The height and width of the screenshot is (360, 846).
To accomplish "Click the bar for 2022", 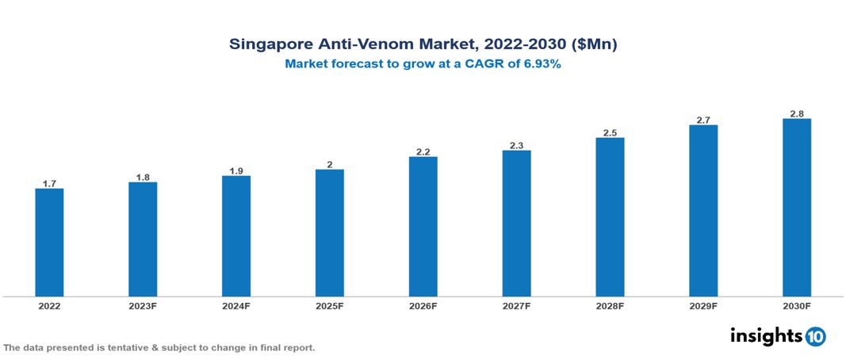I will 49,243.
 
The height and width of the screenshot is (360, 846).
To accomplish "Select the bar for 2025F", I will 329,233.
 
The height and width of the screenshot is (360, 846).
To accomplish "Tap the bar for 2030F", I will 796,208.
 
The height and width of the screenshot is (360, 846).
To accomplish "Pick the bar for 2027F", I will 516,224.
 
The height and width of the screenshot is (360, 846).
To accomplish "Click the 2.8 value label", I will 796,113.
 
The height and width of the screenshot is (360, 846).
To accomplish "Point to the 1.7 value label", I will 49,183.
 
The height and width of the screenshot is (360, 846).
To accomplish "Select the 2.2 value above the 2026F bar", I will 423,151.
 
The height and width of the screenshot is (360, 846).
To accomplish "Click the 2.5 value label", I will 610,132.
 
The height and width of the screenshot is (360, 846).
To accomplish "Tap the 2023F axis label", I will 143,305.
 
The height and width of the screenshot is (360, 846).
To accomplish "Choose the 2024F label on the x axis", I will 235,305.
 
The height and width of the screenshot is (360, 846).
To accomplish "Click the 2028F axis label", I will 610,305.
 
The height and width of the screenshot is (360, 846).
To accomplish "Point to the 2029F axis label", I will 703,305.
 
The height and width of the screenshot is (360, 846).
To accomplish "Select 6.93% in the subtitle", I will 538,65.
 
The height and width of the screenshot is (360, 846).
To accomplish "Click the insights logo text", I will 766,335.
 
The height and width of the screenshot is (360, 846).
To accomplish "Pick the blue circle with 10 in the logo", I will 815,336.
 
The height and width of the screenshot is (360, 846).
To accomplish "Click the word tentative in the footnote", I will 116,347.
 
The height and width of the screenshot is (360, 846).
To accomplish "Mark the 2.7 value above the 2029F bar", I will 703,120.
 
